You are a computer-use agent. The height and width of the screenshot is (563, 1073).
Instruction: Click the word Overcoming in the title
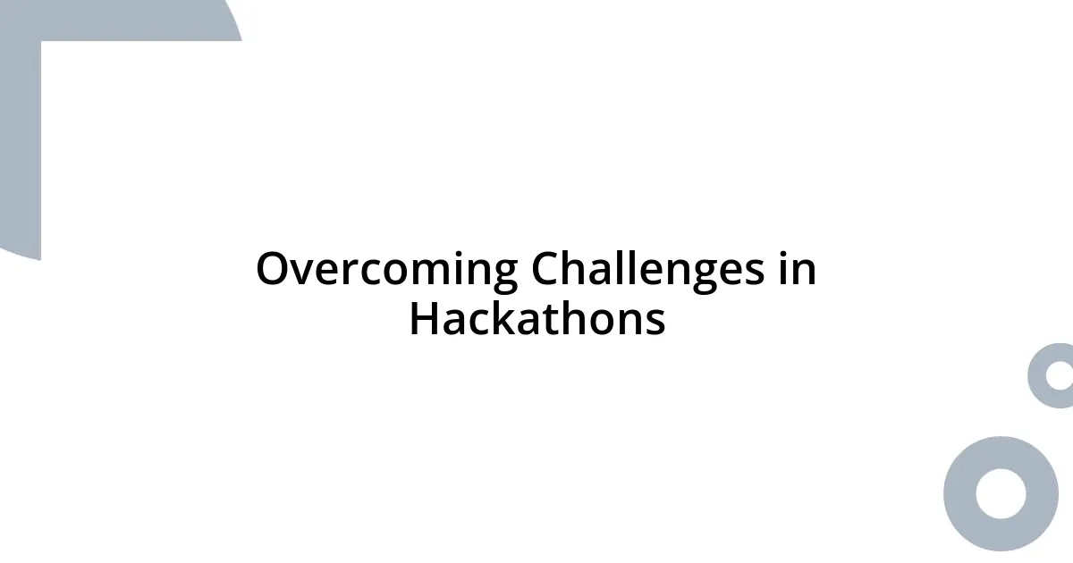point(386,270)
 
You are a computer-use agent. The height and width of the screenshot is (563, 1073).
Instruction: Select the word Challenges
point(647,270)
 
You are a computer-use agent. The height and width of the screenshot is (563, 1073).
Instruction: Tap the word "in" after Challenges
point(797,270)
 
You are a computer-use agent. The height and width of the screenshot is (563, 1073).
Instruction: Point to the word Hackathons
point(536,319)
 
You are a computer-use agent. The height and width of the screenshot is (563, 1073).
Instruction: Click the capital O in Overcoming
point(273,270)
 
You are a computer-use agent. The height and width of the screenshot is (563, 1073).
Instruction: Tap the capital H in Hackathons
point(424,319)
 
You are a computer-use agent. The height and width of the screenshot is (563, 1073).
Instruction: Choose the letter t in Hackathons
point(553,320)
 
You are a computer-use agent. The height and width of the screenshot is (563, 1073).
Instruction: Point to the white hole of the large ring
point(1001,493)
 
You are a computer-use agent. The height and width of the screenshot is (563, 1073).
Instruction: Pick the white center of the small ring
point(1060,375)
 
